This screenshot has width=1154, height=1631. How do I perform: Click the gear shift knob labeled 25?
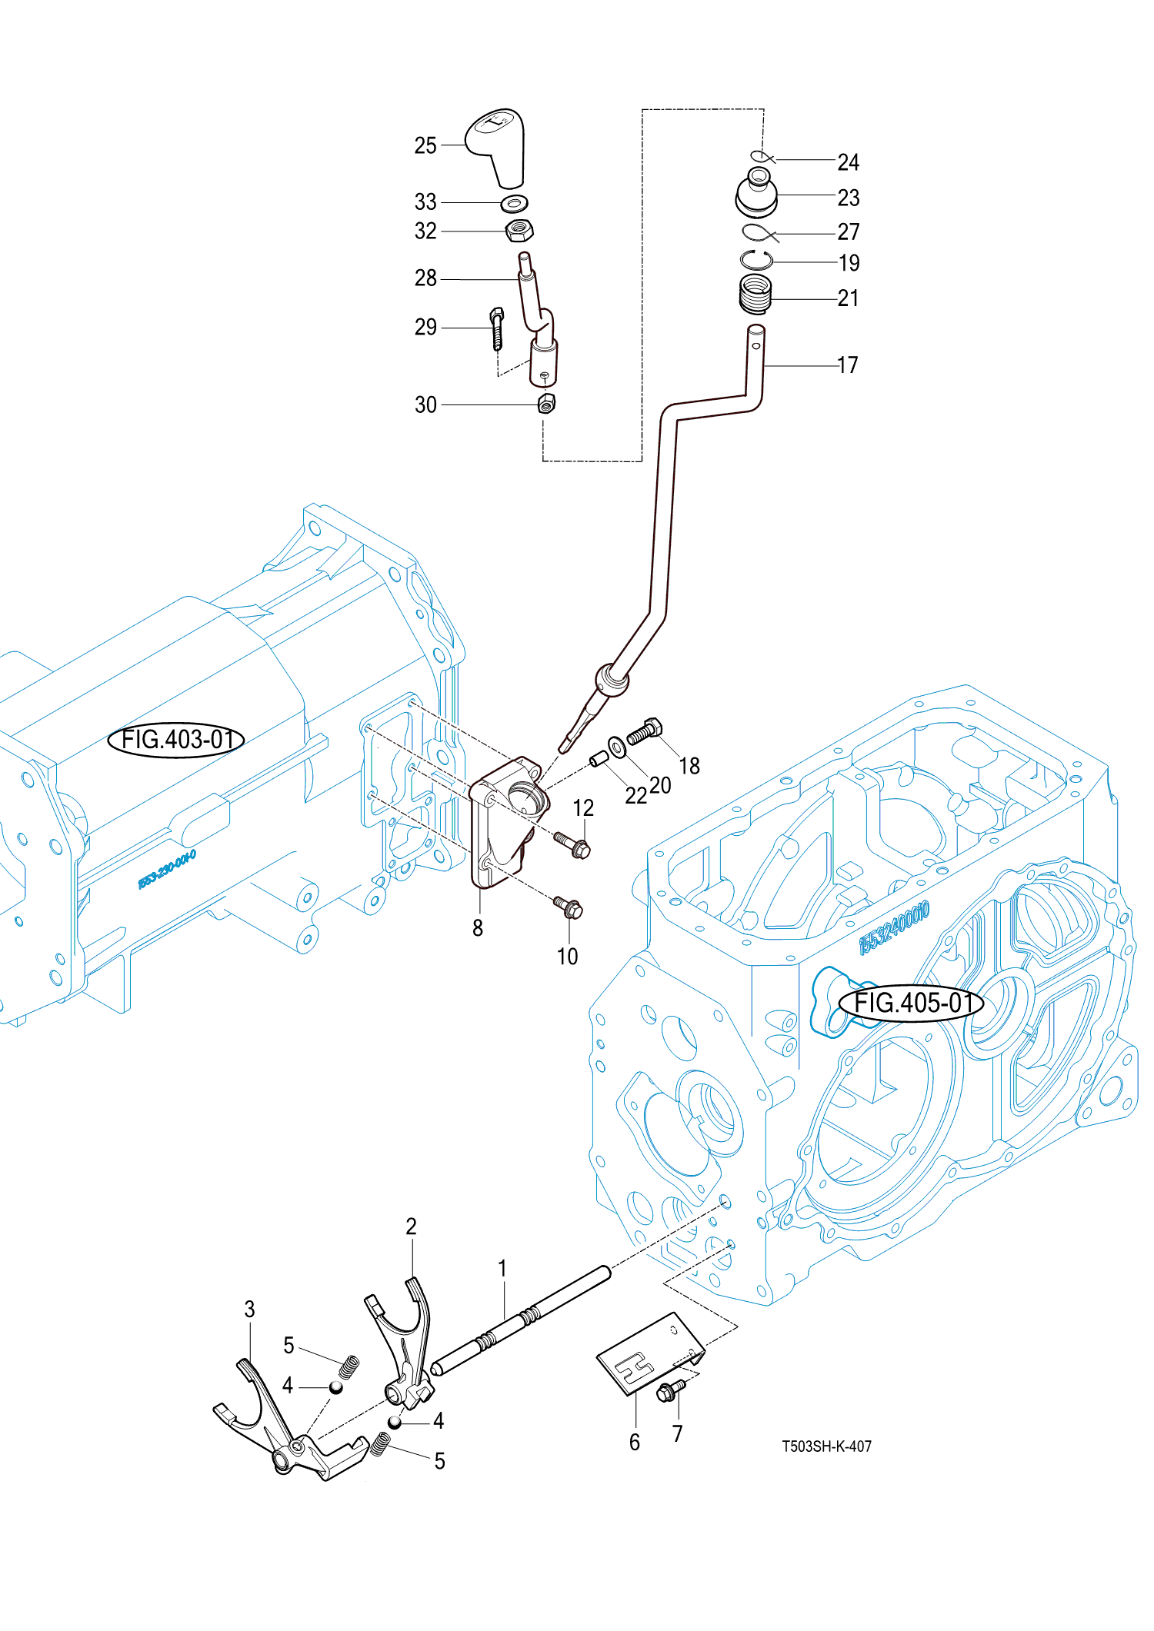point(499,146)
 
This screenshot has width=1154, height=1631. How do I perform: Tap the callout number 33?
point(425,202)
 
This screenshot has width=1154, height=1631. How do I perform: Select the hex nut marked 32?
point(520,230)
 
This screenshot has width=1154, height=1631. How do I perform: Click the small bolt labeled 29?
point(497,328)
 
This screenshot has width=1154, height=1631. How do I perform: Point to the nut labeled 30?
point(546,404)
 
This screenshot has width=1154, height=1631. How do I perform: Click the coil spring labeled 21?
point(755,295)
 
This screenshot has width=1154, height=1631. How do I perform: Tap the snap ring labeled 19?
point(756,260)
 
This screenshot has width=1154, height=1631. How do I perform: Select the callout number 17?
point(848,365)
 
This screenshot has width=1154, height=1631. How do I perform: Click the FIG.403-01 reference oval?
point(176,740)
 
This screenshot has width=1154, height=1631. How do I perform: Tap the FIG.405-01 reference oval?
point(910,1004)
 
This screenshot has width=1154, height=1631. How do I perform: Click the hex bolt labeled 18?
point(645,731)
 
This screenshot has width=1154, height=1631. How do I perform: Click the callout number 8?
point(478,928)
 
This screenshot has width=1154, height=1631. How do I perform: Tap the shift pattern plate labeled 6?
point(650,1353)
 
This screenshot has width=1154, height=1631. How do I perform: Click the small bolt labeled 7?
point(670,1390)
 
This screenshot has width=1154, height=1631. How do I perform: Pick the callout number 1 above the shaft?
point(502,1268)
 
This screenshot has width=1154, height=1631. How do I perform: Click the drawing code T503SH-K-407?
point(827,1446)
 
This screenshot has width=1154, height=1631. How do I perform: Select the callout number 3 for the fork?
point(249,1310)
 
